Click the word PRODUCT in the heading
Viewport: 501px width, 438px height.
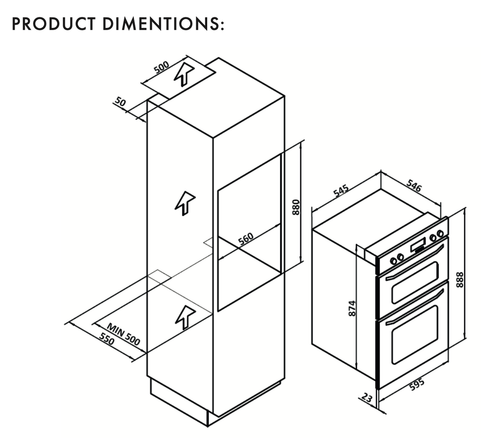coord(54,24)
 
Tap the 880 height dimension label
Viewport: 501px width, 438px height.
coord(296,207)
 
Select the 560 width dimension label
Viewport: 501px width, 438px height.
coord(246,239)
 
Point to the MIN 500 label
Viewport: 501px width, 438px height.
coord(124,334)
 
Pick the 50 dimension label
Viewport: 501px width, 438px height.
coord(121,102)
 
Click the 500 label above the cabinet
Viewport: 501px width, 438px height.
coord(161,67)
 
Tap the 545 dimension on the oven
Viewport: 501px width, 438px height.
coord(341,191)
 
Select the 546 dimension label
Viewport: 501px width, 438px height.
coord(414,185)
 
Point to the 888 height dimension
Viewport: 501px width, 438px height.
coord(460,279)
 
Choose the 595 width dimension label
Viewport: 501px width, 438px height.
coord(417,385)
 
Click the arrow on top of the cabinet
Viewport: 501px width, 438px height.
coord(184,74)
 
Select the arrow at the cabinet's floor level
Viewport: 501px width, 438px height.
coord(185,317)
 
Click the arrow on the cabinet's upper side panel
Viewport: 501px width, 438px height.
coord(185,204)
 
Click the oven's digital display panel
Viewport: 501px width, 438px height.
coord(418,246)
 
